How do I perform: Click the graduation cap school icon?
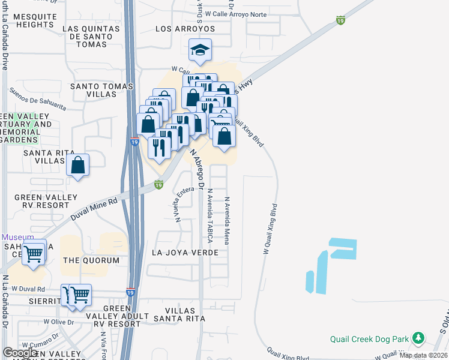(x=200, y=50)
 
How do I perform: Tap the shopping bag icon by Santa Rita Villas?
(x=78, y=165)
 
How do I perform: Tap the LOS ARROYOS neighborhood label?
(x=185, y=29)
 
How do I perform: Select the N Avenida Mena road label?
(x=227, y=221)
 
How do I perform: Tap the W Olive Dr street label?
(x=58, y=322)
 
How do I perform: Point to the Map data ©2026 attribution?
(x=423, y=355)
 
